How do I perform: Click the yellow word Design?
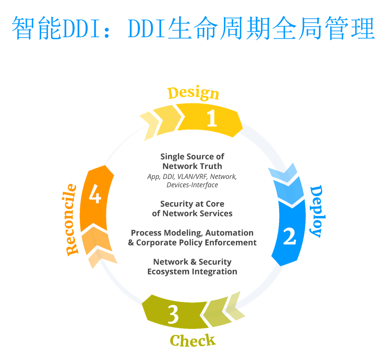click(x=193, y=93)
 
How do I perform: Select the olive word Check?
click(x=192, y=340)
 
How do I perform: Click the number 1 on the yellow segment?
click(x=212, y=118)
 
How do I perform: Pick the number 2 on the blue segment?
click(x=289, y=236)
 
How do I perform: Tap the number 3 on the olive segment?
click(x=173, y=314)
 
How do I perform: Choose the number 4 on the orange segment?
click(x=95, y=194)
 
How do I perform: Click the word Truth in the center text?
click(x=210, y=166)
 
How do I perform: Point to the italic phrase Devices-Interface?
click(x=192, y=185)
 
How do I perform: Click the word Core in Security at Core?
click(x=215, y=204)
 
